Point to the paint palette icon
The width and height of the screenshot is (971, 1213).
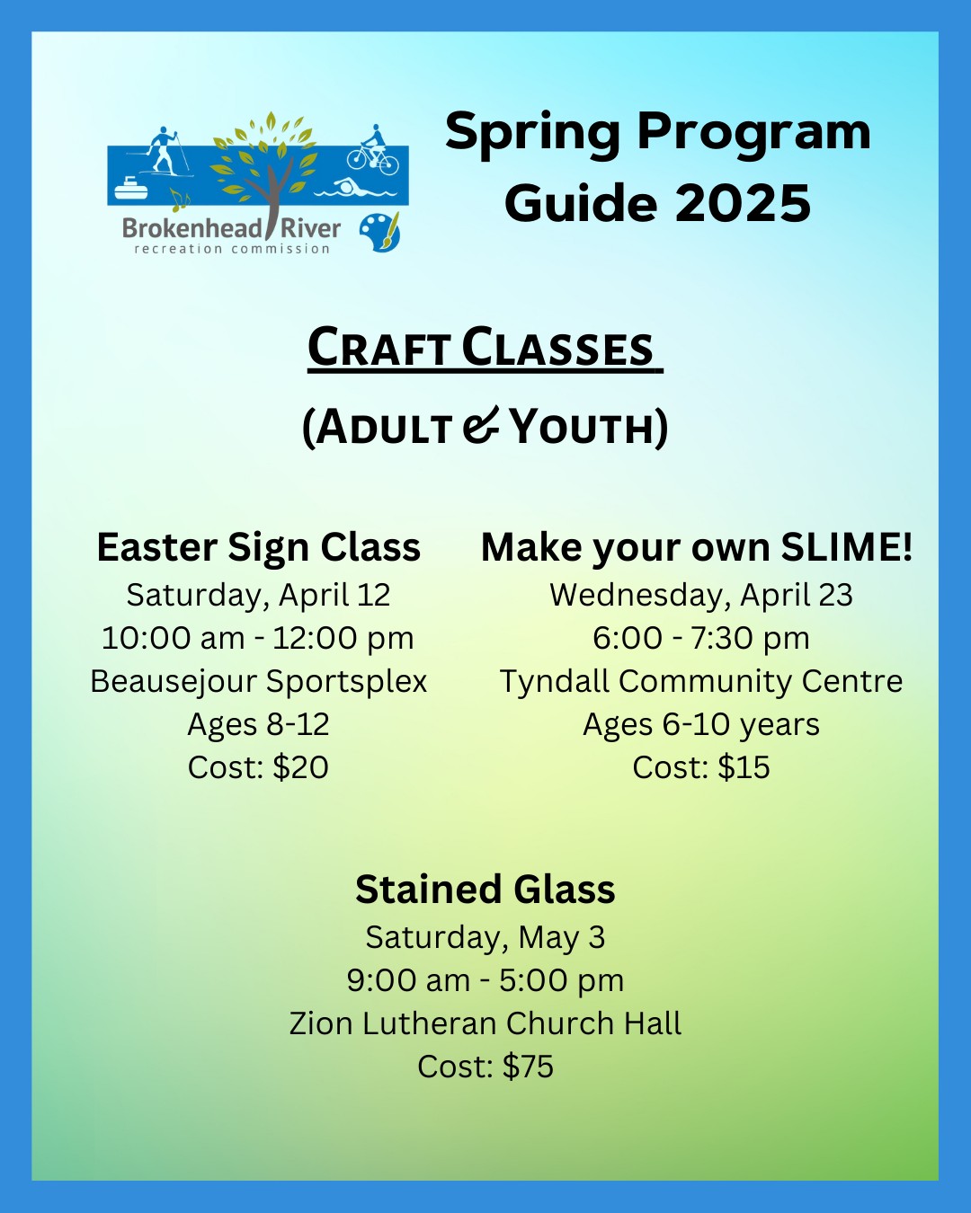[x=379, y=232]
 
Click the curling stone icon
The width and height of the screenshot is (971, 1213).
[x=131, y=189]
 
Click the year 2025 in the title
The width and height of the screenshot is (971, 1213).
[x=743, y=203]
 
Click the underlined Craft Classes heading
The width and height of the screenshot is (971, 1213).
[x=485, y=349]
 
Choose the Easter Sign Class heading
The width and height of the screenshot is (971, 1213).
[x=258, y=548]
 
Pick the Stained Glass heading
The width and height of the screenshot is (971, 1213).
[x=485, y=890]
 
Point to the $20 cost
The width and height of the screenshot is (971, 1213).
[x=300, y=767]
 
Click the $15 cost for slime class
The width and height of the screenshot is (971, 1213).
[x=744, y=767]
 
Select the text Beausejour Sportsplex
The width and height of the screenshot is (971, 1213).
[x=258, y=682]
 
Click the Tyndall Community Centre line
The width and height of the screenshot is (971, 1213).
[x=701, y=682]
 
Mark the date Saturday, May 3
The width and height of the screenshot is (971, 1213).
[x=485, y=938]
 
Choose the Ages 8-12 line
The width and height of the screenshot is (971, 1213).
[x=258, y=725]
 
